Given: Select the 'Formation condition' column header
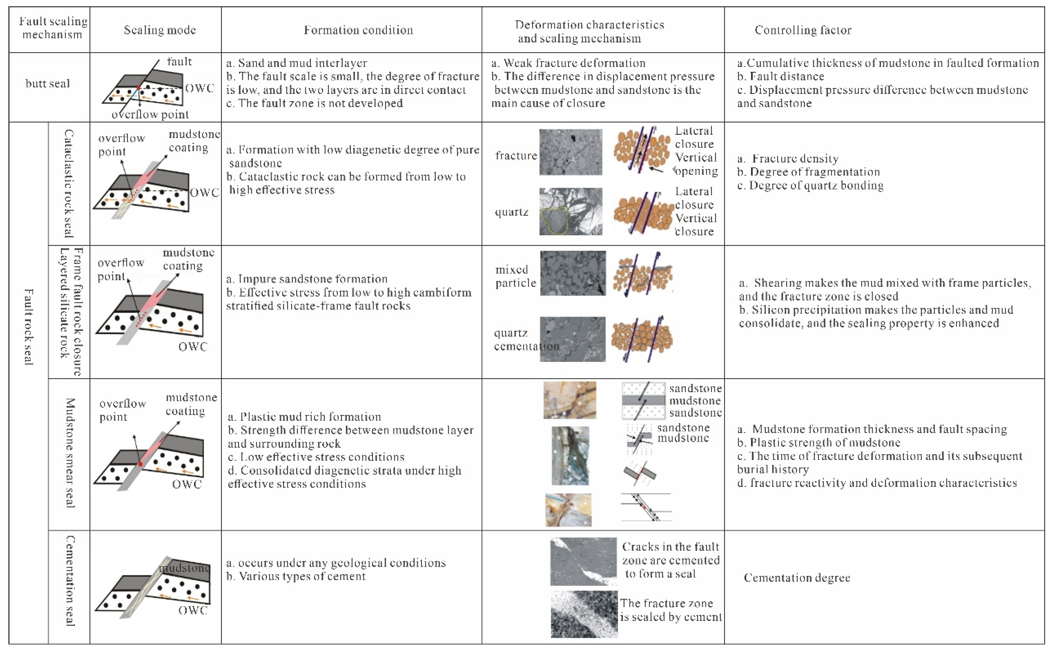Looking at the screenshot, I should click(x=358, y=30).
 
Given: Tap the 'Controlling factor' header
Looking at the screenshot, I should click(x=803, y=30).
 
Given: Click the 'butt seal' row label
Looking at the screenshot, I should click(x=48, y=84).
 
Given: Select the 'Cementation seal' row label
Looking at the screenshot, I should click(x=69, y=581).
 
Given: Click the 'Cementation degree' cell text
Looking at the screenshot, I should click(x=797, y=578).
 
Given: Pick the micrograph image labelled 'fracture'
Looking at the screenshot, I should click(x=570, y=152).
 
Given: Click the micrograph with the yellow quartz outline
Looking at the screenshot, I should click(x=570, y=211).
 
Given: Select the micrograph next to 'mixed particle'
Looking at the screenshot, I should click(x=573, y=273).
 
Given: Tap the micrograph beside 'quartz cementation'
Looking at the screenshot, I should click(x=573, y=339).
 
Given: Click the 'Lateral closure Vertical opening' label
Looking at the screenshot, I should click(x=696, y=151).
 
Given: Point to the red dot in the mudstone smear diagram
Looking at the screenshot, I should click(x=140, y=464).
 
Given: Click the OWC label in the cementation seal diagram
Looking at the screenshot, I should click(x=193, y=610).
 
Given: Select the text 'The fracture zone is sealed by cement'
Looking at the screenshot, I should click(x=670, y=610).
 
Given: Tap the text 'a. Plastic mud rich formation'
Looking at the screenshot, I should click(x=304, y=417).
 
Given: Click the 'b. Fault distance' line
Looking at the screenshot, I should click(x=780, y=76).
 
